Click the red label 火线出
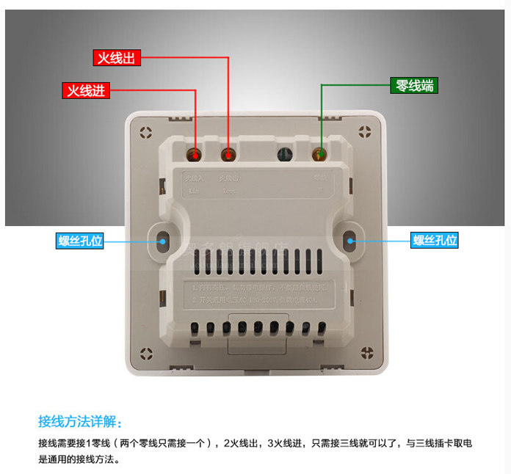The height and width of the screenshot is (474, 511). (117, 58)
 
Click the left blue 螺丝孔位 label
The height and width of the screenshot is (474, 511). (81, 241)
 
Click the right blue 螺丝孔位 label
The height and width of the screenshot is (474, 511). (435, 240)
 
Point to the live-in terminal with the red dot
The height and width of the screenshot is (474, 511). (195, 155)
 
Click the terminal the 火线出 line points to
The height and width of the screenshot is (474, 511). (228, 155)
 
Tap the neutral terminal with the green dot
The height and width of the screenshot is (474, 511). (320, 155)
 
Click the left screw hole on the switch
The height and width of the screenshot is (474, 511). (162, 239)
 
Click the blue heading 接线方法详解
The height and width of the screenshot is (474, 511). (81, 422)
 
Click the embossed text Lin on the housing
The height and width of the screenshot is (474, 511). (194, 190)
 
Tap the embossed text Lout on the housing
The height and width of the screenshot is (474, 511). (228, 190)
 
